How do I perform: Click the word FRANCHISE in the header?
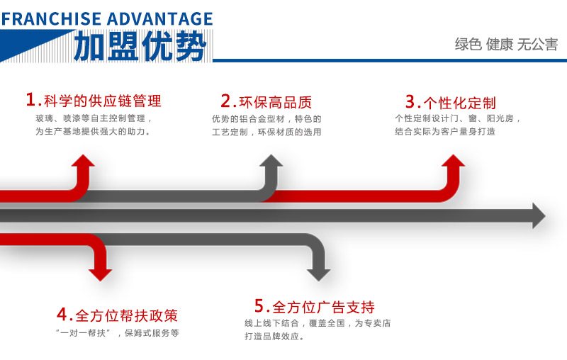click(51, 19)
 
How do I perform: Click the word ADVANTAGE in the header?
click(160, 19)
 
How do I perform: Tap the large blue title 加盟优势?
click(140, 46)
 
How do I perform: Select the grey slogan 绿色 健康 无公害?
click(506, 44)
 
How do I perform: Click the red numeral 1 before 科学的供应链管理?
click(30, 99)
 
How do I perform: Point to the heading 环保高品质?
click(276, 102)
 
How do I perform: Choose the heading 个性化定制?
click(459, 103)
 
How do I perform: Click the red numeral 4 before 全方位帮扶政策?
click(62, 314)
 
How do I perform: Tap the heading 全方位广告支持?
click(323, 308)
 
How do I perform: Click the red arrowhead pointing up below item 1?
click(83, 161)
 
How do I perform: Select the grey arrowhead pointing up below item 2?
click(271, 161)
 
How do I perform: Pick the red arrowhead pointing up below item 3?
click(454, 161)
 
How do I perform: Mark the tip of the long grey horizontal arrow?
click(546, 215)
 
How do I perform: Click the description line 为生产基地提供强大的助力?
click(93, 131)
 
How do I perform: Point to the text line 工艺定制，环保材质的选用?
click(266, 132)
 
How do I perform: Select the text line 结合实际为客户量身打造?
click(445, 131)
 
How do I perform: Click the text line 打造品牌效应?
click(274, 336)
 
